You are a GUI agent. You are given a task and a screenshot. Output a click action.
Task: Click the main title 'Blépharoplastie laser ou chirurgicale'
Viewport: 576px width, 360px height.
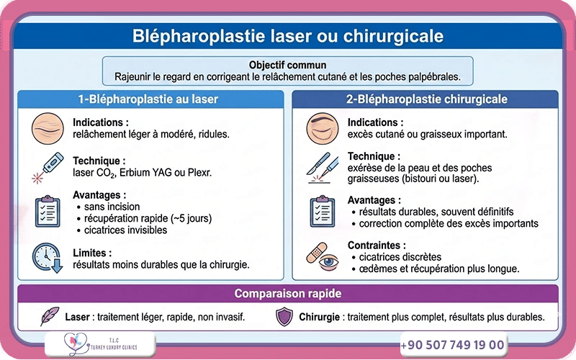click(x=288, y=35)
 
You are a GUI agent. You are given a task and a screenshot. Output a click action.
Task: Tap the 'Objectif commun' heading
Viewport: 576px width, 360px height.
click(x=287, y=65)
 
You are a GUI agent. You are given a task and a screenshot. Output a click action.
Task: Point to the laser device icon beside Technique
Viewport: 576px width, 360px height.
click(x=44, y=167)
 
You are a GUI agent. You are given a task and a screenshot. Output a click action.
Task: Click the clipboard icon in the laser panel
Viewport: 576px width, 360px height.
click(x=47, y=210)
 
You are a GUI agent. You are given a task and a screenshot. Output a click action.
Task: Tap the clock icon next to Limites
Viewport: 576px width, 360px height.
click(x=47, y=258)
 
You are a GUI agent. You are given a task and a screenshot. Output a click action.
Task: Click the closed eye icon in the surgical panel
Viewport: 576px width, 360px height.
click(x=321, y=128)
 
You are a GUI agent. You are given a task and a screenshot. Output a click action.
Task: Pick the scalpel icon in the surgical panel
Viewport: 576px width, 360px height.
click(x=321, y=168)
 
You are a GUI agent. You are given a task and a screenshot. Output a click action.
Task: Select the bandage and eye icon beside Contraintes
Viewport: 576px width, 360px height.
click(x=321, y=256)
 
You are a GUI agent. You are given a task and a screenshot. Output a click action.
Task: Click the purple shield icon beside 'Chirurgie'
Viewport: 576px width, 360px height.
click(x=285, y=316)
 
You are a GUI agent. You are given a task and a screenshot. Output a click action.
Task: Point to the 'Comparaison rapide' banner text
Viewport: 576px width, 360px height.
click(x=288, y=294)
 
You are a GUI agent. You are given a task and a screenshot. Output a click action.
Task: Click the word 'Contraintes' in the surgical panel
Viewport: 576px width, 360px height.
click(x=376, y=245)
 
